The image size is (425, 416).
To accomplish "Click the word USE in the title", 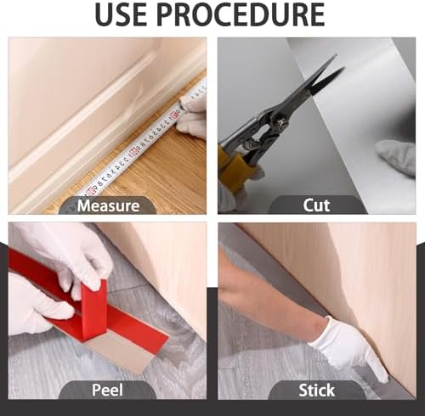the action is coord(122,14).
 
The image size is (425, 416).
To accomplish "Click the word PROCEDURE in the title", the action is coord(241,14).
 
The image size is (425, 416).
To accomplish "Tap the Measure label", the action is coord(108,205).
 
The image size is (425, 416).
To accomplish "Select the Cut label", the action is coord(316,205).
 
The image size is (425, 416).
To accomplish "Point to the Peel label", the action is coord(107,390).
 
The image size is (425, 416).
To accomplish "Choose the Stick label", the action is coord(316,391).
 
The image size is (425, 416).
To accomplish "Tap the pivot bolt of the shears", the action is coord(282,122).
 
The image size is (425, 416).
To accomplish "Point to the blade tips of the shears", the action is coord(339,62).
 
